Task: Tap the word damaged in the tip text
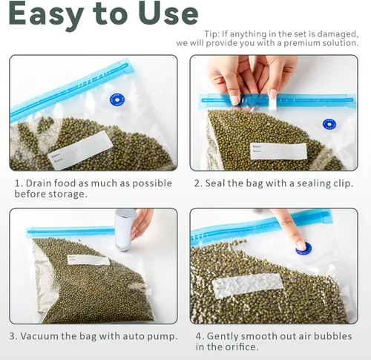[x=338, y=34]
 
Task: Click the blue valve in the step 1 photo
[x=117, y=100]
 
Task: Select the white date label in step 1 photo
[x=81, y=150]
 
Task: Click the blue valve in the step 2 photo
[x=329, y=124]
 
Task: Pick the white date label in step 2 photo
[x=278, y=151]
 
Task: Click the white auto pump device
[x=125, y=229]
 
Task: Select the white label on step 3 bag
[x=88, y=260]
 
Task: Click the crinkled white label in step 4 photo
[x=247, y=285]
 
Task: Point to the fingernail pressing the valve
[x=301, y=245]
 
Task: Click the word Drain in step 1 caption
[x=39, y=183]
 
